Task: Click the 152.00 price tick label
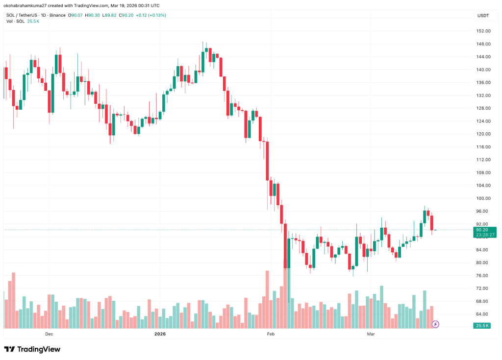[x=483, y=31]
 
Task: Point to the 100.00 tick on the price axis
[x=483, y=198]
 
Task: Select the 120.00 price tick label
[x=483, y=134]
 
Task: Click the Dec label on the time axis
[x=49, y=334]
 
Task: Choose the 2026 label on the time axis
[x=160, y=334]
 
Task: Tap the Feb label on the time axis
[x=270, y=334]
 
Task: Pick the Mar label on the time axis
[x=371, y=334]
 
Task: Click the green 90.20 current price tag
[x=481, y=230]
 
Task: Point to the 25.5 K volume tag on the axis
[x=481, y=325]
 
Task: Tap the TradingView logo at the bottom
[x=32, y=349]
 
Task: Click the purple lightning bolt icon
[x=435, y=324]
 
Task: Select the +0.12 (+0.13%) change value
[x=151, y=15]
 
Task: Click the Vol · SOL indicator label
[x=14, y=22]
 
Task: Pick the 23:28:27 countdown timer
[x=481, y=235]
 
